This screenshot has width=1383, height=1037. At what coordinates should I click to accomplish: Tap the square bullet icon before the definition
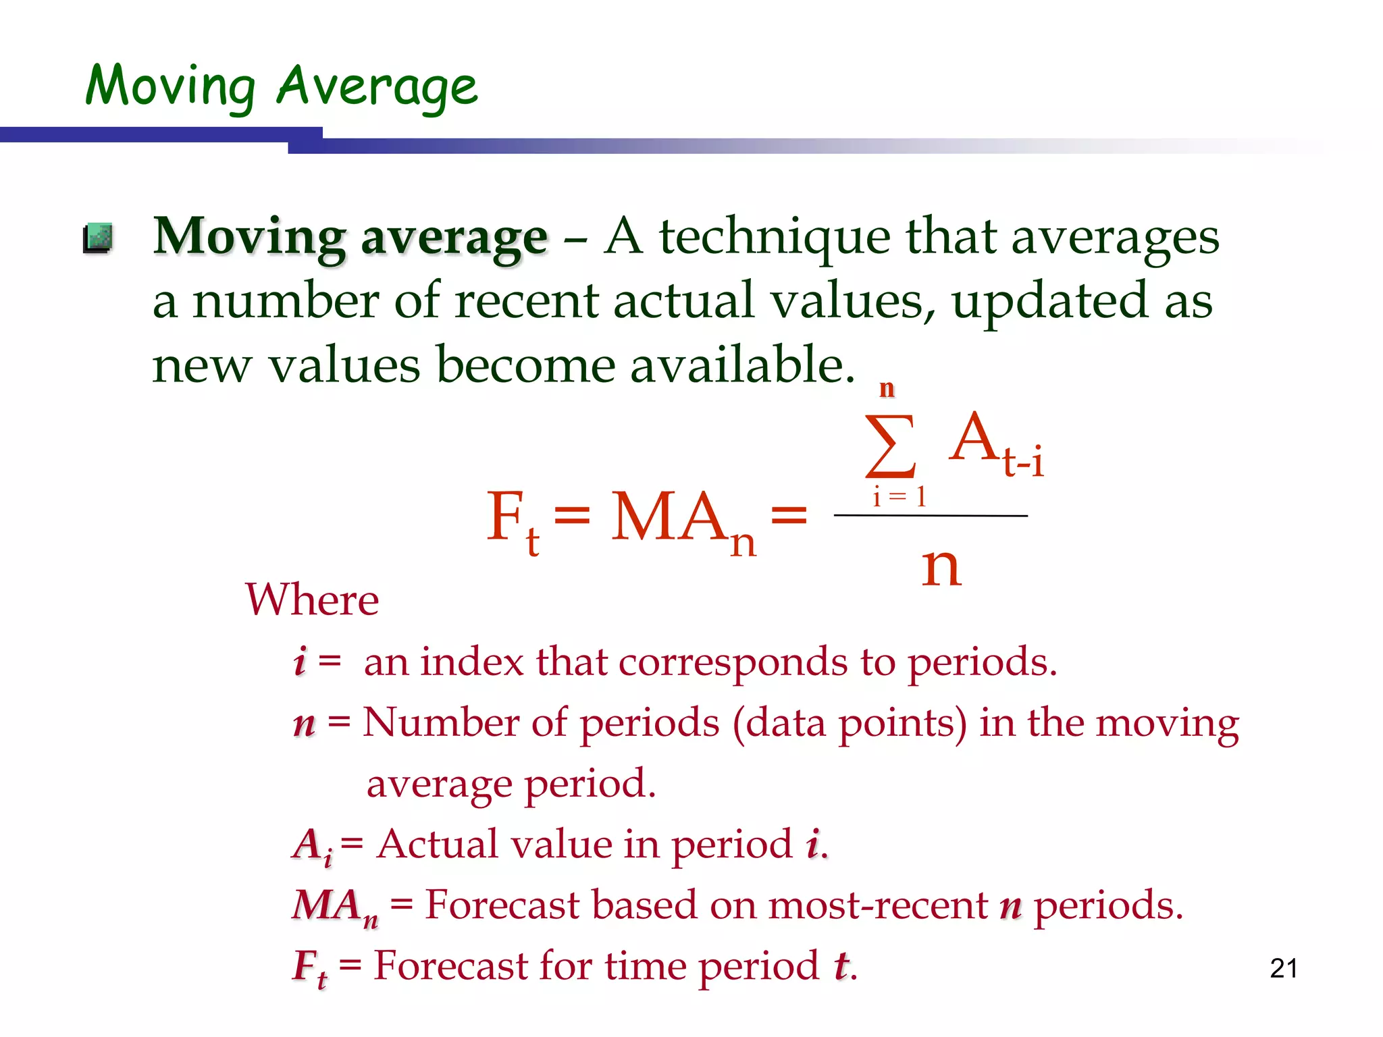98,238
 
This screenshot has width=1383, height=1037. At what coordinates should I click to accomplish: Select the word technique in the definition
774,238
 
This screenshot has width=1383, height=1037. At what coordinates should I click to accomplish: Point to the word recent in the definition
526,301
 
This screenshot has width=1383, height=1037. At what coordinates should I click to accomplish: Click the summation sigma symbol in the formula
891,446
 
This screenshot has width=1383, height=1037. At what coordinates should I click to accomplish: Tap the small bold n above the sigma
887,389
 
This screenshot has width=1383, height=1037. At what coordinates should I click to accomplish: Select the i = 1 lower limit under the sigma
899,497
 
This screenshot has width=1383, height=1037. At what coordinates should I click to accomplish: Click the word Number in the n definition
440,723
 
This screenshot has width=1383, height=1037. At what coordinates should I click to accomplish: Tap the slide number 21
1283,969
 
